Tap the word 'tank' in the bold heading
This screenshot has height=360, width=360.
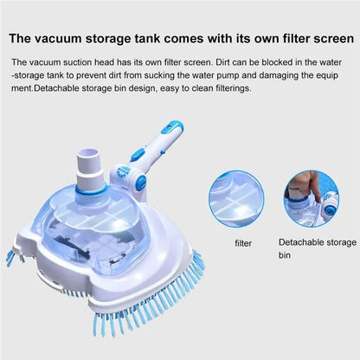tap(178, 38)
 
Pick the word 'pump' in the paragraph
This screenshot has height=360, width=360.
tap(249, 77)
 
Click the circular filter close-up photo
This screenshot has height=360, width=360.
tap(244, 198)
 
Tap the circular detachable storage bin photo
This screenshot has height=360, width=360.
tap(319, 198)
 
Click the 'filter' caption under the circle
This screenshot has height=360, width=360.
tap(244, 243)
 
